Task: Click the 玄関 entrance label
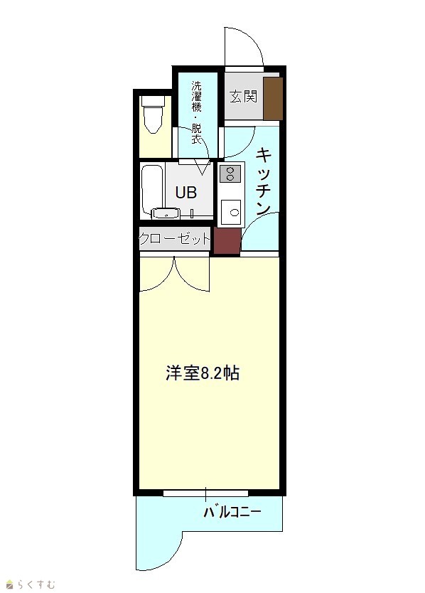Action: [x=244, y=97]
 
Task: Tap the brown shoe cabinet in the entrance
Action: [x=273, y=98]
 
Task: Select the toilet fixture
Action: [x=153, y=114]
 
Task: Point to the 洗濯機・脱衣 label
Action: [x=196, y=112]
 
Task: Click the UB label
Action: [x=186, y=193]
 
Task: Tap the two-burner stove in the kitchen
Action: [x=230, y=174]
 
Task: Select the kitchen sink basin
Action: [x=231, y=212]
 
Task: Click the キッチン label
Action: [x=264, y=181]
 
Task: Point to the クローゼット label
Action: [x=175, y=239]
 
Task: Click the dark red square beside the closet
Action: [x=227, y=240]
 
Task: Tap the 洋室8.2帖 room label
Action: [x=203, y=373]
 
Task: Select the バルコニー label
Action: [x=232, y=512]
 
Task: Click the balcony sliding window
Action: [x=205, y=493]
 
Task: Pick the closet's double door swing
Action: [x=174, y=274]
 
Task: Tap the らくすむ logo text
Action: [x=36, y=584]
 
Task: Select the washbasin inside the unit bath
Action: [x=165, y=214]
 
